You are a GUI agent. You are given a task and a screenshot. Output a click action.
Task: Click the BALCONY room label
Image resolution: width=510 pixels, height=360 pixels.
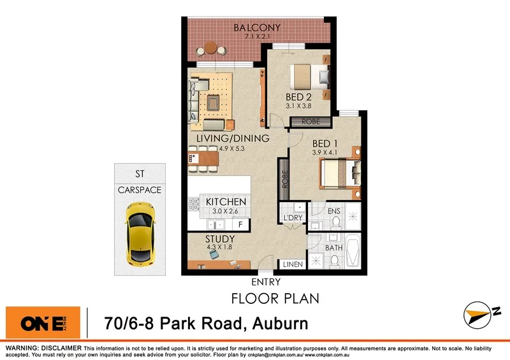pyautogui.click(x=256, y=28)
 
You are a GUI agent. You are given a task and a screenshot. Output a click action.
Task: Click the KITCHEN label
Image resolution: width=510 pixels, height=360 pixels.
pyautogui.click(x=226, y=202)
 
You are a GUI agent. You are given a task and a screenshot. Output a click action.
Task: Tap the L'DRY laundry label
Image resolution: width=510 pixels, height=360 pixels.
pyautogui.click(x=293, y=219)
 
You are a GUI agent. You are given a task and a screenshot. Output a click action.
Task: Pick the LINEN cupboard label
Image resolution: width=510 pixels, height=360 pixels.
pyautogui.click(x=293, y=264)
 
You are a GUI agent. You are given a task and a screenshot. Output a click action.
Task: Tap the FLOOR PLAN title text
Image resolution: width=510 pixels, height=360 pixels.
pyautogui.click(x=274, y=298)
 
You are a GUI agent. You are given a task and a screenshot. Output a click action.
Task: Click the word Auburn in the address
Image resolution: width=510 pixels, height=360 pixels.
pyautogui.click(x=278, y=324)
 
